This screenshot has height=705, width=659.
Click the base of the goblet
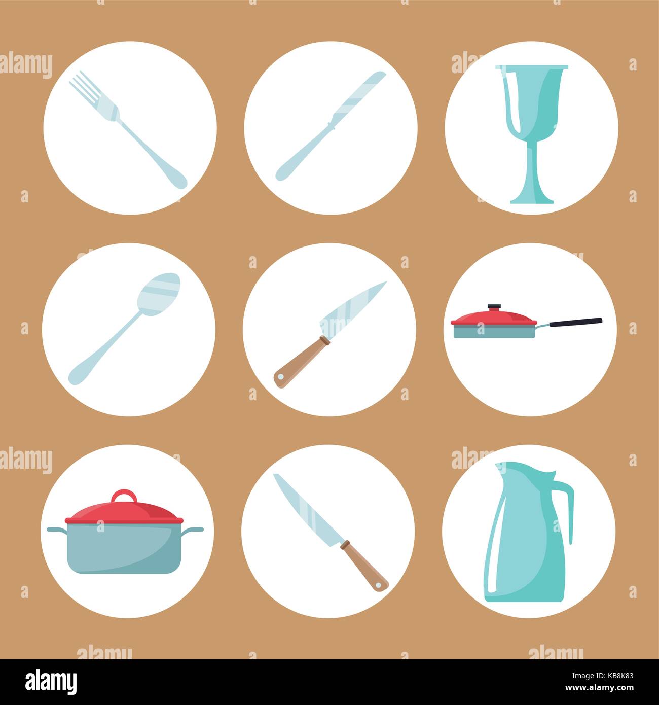pos(531,199)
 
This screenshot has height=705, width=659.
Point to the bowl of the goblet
pos(532,101)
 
